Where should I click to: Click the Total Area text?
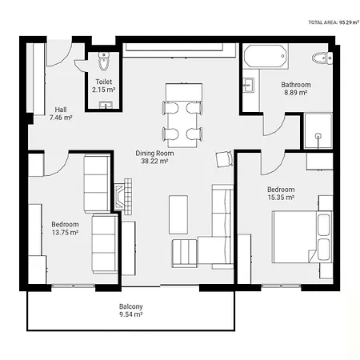334,22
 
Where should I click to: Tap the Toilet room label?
104,86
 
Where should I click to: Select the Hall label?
61,114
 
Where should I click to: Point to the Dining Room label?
154,157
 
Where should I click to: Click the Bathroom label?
296,89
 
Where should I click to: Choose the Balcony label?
131,310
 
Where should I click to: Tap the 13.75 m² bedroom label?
65,229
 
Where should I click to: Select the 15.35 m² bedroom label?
281,194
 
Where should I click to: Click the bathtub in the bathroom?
265,56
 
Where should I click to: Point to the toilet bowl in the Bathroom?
322,58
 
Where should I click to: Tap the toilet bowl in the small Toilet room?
104,62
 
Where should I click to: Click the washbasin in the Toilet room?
106,105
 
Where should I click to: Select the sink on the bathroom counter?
248,85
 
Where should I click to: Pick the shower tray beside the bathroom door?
318,130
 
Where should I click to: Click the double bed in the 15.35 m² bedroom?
302,237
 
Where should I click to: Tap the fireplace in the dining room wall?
123,197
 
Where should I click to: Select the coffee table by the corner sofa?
178,214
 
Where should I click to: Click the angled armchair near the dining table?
224,159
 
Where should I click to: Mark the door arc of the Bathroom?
275,126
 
